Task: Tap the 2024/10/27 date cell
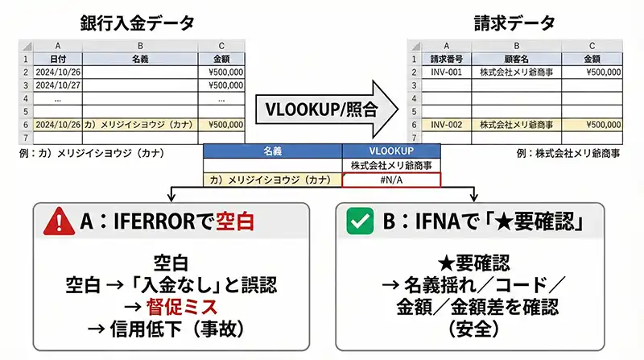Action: click(x=60, y=85)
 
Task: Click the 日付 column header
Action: click(x=60, y=59)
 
